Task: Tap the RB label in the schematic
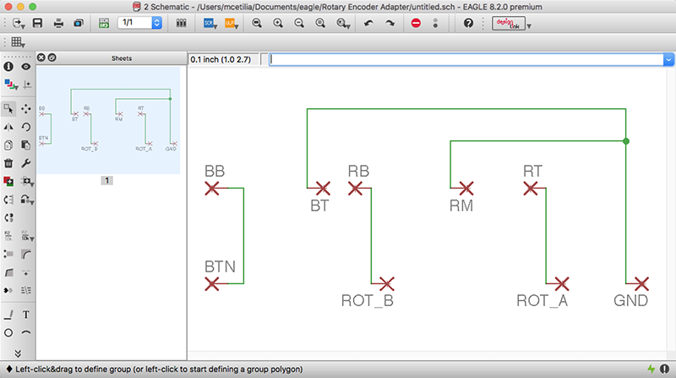(358, 172)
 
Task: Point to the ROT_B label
(368, 300)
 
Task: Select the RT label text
(532, 172)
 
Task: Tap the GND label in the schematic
(632, 300)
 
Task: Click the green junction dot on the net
(626, 141)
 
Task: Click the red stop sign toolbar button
(415, 23)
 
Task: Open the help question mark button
(469, 23)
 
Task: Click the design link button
(508, 23)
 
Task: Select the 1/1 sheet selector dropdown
(139, 23)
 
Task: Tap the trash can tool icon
(8, 163)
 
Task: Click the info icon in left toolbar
(8, 65)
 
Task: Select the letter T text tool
(26, 315)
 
